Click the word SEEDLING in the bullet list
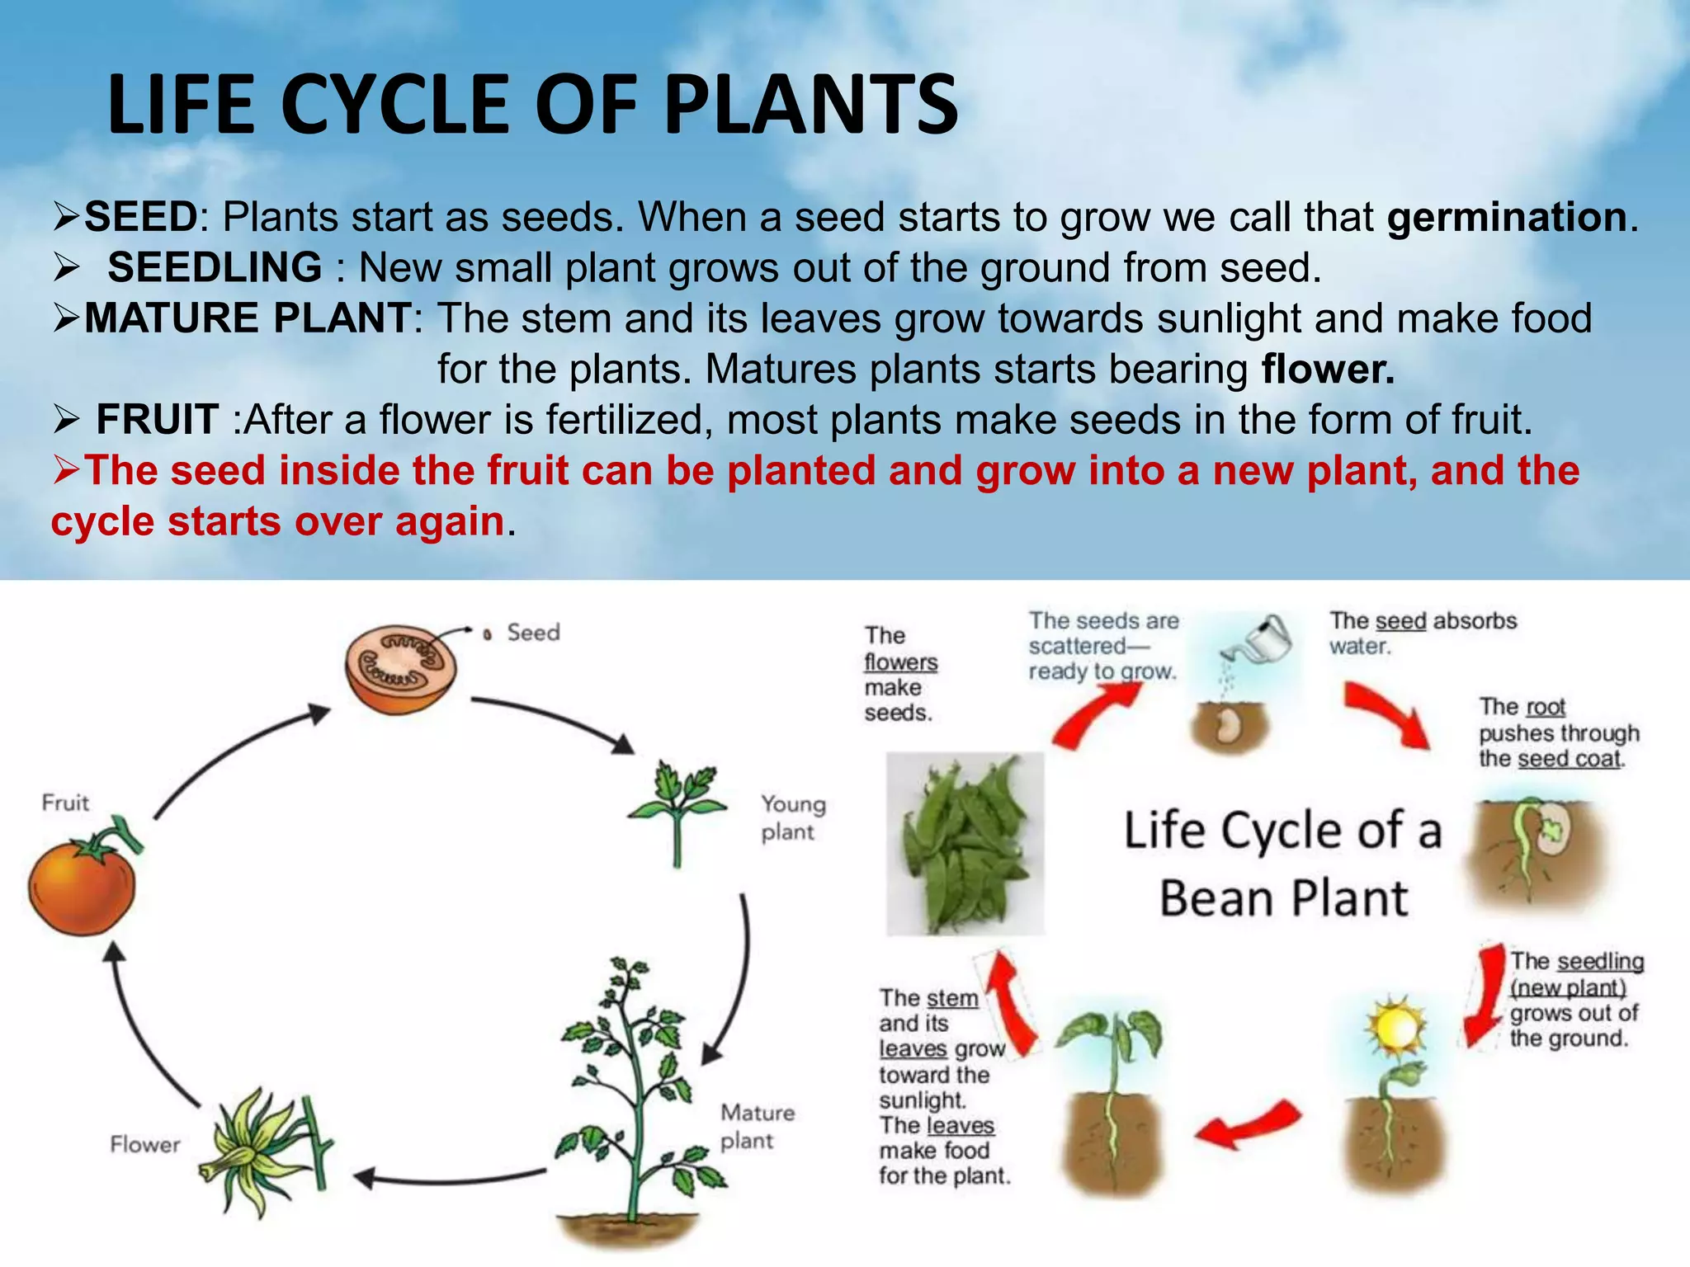pyautogui.click(x=215, y=268)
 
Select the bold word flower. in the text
pyautogui.click(x=1327, y=370)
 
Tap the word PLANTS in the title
pyautogui.click(x=810, y=105)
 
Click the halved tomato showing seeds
pyautogui.click(x=401, y=668)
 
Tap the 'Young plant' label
pyautogui.click(x=792, y=817)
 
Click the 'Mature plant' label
pyautogui.click(x=757, y=1127)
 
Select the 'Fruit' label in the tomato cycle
pyautogui.click(x=65, y=803)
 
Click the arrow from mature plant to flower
pyautogui.click(x=450, y=1177)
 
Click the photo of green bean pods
pyautogui.click(x=965, y=843)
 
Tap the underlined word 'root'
pyautogui.click(x=1545, y=708)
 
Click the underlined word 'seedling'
pyautogui.click(x=1600, y=962)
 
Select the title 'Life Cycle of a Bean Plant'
pyautogui.click(x=1283, y=864)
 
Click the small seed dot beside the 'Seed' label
pyautogui.click(x=488, y=634)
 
